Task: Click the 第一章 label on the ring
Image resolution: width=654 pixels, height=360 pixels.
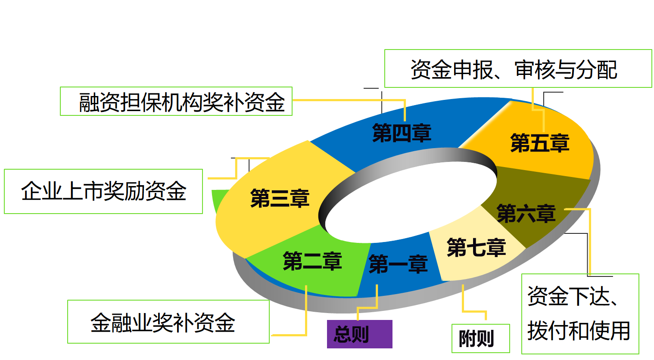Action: point(398,264)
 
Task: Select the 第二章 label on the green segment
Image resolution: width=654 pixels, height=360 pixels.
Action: point(312,261)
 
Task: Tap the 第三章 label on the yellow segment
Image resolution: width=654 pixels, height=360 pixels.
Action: point(280,198)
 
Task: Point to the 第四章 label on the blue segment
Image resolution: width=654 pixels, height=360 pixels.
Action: point(402,133)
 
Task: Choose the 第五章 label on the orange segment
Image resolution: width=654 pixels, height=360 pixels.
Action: point(539,143)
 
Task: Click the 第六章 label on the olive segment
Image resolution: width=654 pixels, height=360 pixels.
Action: point(526,214)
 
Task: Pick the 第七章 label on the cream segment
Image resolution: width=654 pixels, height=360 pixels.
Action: point(476,248)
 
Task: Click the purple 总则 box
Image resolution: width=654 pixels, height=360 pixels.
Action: point(359,334)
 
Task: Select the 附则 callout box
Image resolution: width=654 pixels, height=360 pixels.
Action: point(480,338)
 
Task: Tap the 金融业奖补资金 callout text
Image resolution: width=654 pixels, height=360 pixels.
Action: point(163,323)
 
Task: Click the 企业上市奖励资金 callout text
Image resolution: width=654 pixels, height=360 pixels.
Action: point(104,191)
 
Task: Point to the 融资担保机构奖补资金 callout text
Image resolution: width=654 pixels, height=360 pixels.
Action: point(181,102)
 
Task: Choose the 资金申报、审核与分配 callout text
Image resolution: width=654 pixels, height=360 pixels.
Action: point(514,70)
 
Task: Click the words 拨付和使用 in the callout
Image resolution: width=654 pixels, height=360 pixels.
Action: point(579,331)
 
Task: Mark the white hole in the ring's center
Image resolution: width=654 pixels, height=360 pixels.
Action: point(409,202)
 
